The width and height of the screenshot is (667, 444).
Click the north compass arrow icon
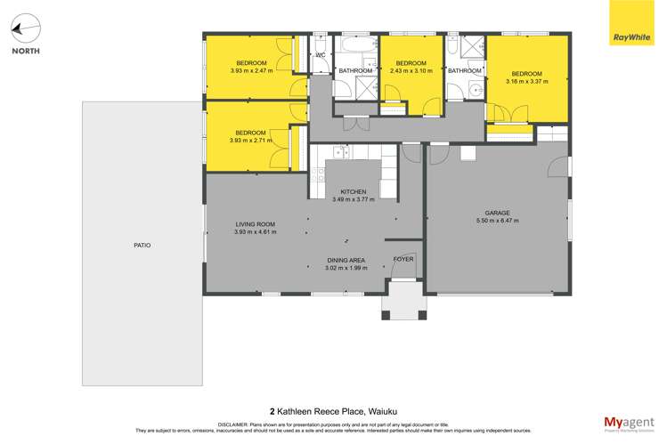click(26, 28)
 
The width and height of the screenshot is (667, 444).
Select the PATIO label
click(142, 246)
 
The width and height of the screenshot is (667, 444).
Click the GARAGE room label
click(497, 213)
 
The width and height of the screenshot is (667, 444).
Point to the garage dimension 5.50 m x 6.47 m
click(497, 221)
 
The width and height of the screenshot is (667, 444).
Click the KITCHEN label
click(354, 191)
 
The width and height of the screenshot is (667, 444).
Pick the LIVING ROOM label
click(256, 224)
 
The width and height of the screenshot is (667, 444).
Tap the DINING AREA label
click(346, 260)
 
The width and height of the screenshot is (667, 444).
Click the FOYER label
click(403, 259)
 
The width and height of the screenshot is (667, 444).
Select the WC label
click(321, 55)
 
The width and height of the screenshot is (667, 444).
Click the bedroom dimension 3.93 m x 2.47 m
click(251, 70)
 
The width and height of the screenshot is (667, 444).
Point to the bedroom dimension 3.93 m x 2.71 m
click(250, 141)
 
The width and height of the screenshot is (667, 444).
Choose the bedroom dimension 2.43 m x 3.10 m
click(411, 70)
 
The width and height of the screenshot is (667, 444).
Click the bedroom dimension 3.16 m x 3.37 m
click(526, 81)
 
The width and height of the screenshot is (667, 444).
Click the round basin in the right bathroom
click(476, 90)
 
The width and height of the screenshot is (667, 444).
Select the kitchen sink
click(341, 151)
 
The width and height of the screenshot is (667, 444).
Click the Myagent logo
click(629, 424)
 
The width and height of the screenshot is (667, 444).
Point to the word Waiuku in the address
click(382, 411)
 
